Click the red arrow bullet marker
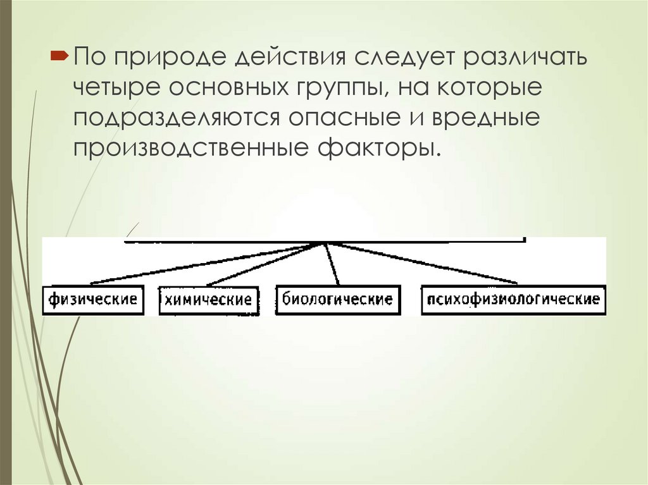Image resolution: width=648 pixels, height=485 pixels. tap(59, 57)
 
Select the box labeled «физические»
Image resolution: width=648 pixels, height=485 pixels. tap(93, 299)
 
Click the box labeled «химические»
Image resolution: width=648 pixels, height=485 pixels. tap(209, 300)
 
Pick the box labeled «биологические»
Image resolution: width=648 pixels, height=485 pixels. tap(338, 299)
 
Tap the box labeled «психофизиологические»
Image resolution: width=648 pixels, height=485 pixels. tap(513, 299)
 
